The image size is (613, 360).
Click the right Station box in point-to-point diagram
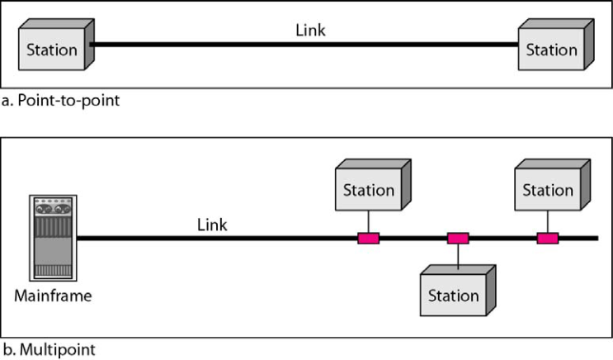pos(550,49)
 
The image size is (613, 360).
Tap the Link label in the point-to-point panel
pos(311,30)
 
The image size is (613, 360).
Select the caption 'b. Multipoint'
pos(48,349)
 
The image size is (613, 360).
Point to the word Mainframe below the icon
pos(53,296)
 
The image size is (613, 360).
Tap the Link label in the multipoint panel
pos(213,224)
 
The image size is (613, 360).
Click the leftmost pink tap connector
pos(368,239)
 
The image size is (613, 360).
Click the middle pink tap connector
pos(458,239)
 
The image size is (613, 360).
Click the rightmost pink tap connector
pos(547,239)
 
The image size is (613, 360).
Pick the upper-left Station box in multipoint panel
pos(368,189)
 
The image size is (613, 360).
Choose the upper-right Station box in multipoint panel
pos(547,189)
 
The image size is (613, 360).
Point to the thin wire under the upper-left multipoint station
pos(368,224)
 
